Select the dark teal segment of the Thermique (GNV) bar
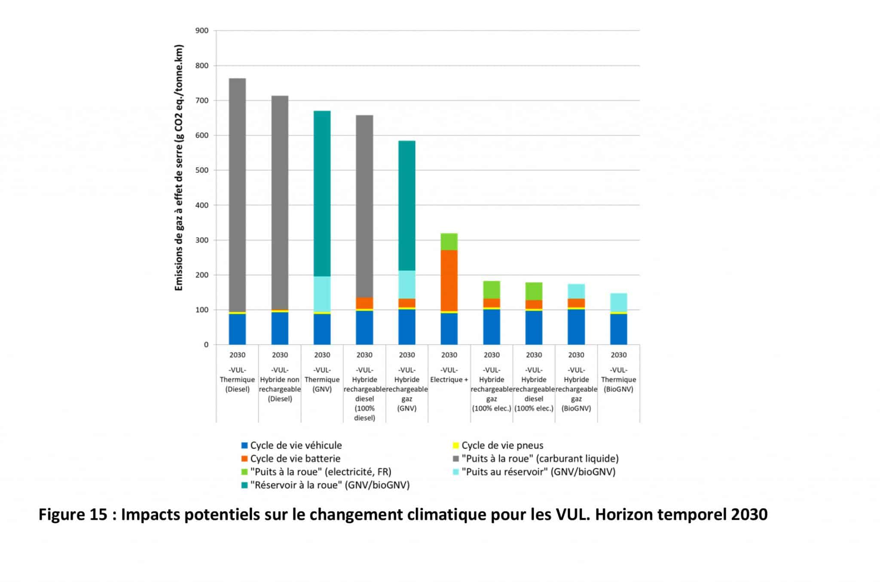tap(322, 193)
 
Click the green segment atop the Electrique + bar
tap(449, 241)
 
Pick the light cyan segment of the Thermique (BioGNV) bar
tap(618, 302)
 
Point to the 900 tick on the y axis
tap(202, 30)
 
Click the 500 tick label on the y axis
tap(202, 170)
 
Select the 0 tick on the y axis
tap(206, 344)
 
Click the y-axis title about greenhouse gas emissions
tap(179, 168)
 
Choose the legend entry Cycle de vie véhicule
tap(296, 445)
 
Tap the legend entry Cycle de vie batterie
tap(295, 458)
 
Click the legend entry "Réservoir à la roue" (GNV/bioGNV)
tap(330, 485)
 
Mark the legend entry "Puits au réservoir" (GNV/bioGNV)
tap(538, 472)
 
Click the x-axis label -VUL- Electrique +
tap(449, 375)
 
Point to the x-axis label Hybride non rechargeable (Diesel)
tap(280, 384)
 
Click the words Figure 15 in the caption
tap(73, 514)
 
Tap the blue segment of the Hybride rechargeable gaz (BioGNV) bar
tap(576, 327)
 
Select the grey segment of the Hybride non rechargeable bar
tap(280, 202)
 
